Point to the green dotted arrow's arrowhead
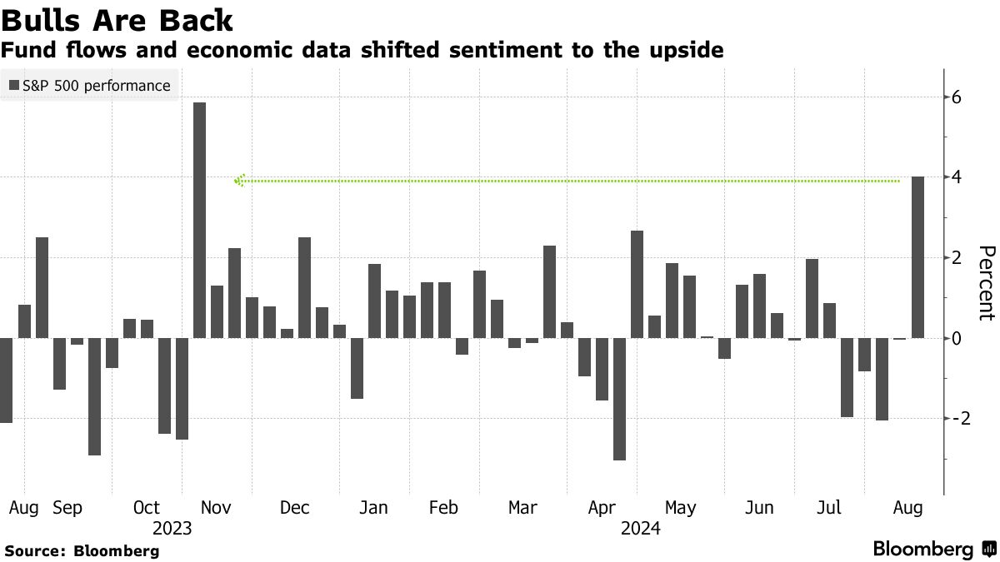point(240,180)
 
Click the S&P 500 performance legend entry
point(90,86)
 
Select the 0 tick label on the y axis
point(957,339)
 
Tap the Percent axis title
point(986,283)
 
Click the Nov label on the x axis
point(216,507)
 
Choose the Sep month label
point(67,507)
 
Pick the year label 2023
point(172,528)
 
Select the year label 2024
point(640,528)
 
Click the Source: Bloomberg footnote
point(82,550)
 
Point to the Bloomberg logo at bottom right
point(933,549)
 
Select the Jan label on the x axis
point(373,507)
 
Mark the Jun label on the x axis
point(759,507)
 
